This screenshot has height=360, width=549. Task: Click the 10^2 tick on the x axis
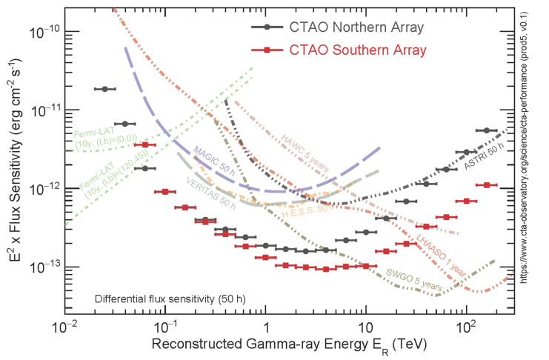point(465,327)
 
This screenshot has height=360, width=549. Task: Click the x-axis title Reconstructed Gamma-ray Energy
point(289,346)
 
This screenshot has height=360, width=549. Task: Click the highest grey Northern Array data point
point(104,89)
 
